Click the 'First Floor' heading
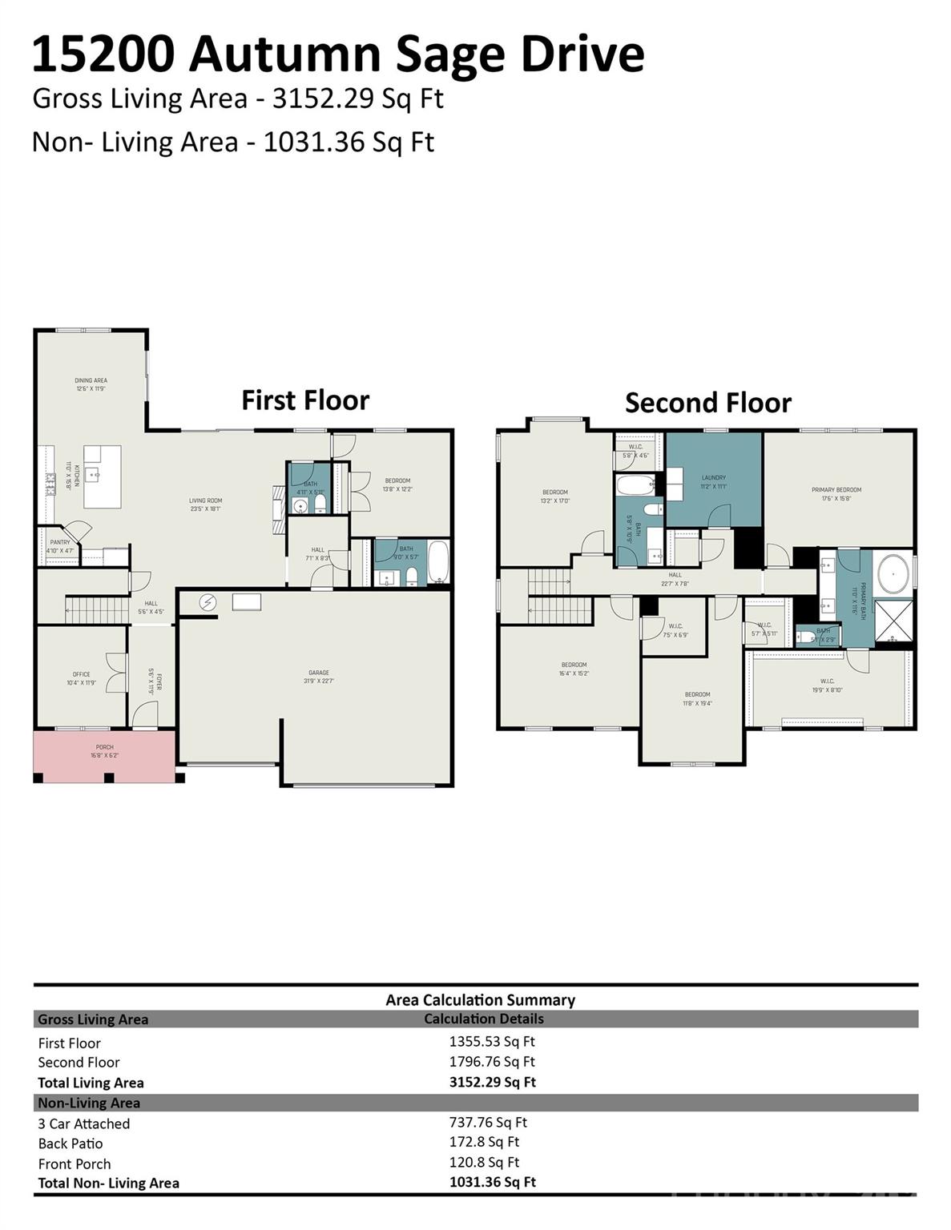click(x=305, y=400)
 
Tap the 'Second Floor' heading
click(x=707, y=402)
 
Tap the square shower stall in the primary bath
click(x=893, y=621)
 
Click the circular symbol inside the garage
click(x=208, y=602)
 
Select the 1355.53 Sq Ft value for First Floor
click(x=491, y=1042)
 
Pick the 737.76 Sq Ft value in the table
click(x=488, y=1123)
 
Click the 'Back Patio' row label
click(x=71, y=1144)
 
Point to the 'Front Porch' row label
click(x=75, y=1164)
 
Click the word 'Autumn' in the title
click(x=294, y=54)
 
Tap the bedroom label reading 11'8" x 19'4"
click(x=697, y=698)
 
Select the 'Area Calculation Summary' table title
click(x=480, y=999)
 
